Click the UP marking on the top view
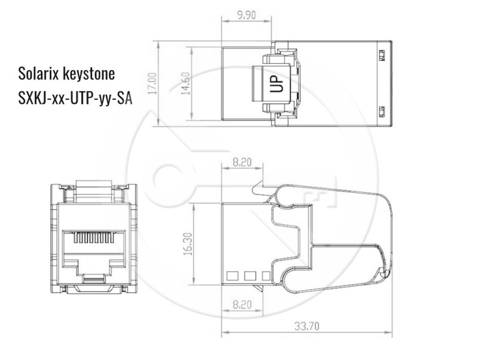click(277, 84)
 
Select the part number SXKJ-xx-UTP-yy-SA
click(75, 98)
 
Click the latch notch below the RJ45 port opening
click(95, 277)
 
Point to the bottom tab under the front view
click(95, 291)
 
